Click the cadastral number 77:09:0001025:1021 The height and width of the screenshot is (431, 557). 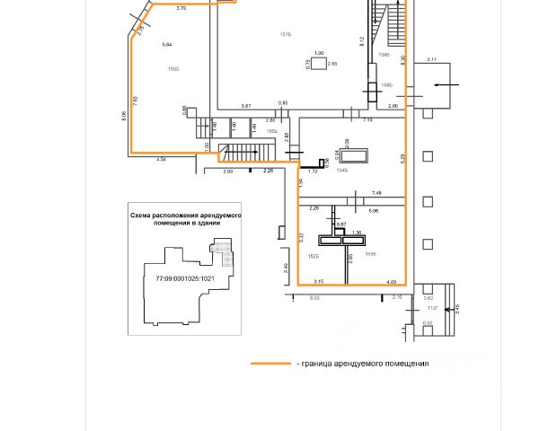(x=184, y=278)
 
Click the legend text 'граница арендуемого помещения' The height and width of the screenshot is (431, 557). (x=364, y=364)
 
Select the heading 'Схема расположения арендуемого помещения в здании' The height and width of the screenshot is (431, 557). (x=185, y=219)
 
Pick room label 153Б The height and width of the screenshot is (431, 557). (x=371, y=254)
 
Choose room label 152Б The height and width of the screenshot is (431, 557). (x=314, y=255)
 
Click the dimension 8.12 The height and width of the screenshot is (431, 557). (x=360, y=41)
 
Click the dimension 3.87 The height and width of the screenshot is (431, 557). (x=246, y=106)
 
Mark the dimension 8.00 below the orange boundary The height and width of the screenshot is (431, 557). (x=314, y=297)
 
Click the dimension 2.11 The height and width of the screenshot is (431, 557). (x=431, y=60)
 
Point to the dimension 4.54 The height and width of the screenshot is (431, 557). (x=162, y=159)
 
